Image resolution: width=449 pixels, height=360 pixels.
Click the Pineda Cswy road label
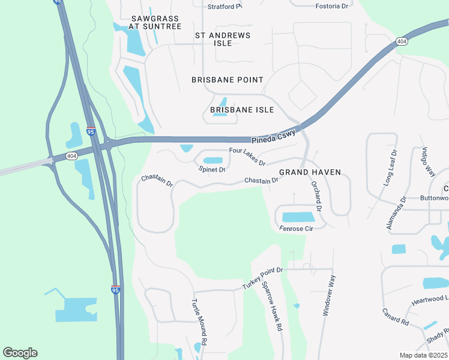click(273, 137)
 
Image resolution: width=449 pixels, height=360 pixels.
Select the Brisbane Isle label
click(242, 110)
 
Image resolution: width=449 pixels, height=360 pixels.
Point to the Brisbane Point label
click(228, 80)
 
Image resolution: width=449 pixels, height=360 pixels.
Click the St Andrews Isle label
click(222, 40)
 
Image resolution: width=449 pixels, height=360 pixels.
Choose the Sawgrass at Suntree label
click(156, 23)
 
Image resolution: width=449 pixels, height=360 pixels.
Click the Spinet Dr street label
click(211, 170)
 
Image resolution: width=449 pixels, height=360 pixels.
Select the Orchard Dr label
click(317, 197)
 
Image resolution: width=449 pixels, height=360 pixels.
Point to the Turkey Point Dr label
click(262, 278)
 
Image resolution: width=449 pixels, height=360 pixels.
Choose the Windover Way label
click(328, 295)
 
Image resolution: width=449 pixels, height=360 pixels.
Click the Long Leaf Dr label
click(390, 169)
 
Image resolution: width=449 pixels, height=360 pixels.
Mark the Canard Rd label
click(396, 317)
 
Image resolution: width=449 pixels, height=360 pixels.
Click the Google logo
click(20, 353)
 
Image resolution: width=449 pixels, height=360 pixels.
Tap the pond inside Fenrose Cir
click(298, 217)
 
